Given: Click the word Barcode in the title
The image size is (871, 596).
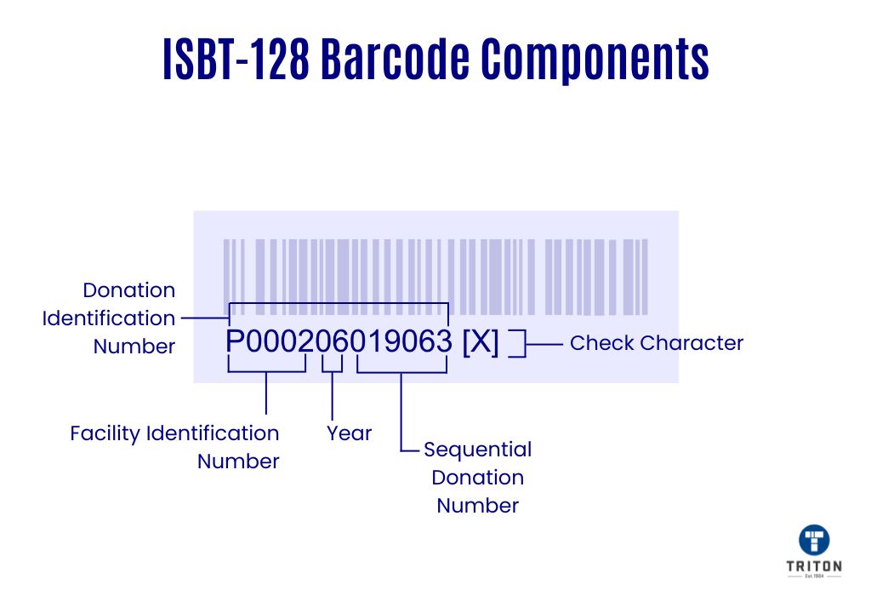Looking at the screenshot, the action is pos(395,59).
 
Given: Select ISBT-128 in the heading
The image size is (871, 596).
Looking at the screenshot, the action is pos(236,59).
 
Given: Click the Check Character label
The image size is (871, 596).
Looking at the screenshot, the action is pos(657,343).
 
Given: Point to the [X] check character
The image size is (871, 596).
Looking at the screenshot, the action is pos(481,341).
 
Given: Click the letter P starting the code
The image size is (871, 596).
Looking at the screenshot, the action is pos(235,341).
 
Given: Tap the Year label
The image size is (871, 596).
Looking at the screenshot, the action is pos(349,433).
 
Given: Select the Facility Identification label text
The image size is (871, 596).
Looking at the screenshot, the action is pos(174,433).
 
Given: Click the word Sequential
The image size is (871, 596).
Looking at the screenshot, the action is pos(478,450).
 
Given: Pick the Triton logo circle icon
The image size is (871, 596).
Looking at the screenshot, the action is pos(814,540).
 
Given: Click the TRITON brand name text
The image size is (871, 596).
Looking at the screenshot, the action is pos(814,566).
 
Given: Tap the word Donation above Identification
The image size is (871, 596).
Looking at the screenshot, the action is pos(129,290).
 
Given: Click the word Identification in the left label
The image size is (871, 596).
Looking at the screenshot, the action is pos(109,318).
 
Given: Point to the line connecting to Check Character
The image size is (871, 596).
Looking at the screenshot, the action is pos(544,344).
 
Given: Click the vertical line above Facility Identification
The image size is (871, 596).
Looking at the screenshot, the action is pos(266,393).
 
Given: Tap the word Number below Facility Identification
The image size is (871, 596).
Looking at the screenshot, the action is pos(238,461).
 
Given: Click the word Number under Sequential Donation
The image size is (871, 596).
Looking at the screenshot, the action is pos(478,506).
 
